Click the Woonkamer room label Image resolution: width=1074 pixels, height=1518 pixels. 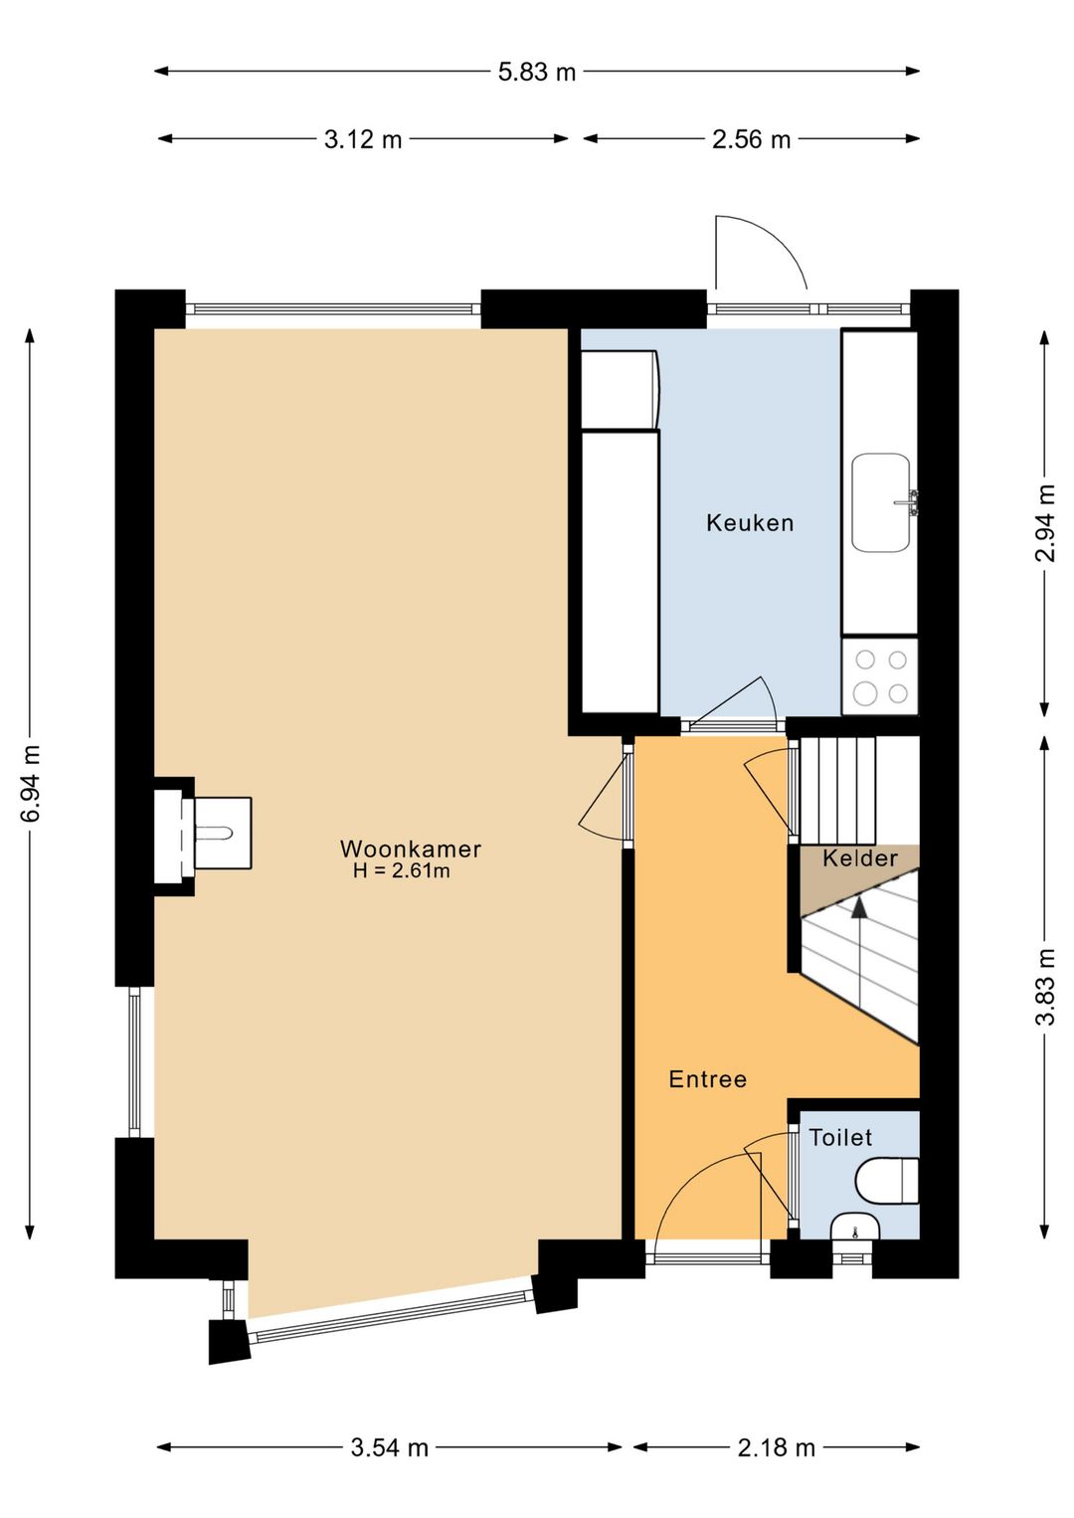(x=411, y=850)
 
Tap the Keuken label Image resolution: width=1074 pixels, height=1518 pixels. (x=750, y=522)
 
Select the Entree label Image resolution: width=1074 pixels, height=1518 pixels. (x=707, y=1079)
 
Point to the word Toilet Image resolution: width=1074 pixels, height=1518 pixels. (x=840, y=1137)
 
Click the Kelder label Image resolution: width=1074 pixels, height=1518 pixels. (x=860, y=858)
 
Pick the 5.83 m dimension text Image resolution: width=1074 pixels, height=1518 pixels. (x=537, y=72)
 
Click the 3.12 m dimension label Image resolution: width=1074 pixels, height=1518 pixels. (x=363, y=139)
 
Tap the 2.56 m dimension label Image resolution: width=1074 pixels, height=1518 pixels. (x=751, y=139)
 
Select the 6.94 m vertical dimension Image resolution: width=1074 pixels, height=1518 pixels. (x=31, y=784)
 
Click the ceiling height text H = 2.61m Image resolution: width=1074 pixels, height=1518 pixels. (x=401, y=870)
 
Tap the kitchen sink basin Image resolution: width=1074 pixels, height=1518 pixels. (x=881, y=502)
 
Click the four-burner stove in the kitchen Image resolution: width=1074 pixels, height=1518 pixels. (x=880, y=676)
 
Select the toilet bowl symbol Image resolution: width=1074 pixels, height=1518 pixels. (x=887, y=1180)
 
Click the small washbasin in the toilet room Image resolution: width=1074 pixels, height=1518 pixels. (x=855, y=1228)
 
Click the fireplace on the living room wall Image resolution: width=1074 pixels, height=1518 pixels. (x=202, y=833)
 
